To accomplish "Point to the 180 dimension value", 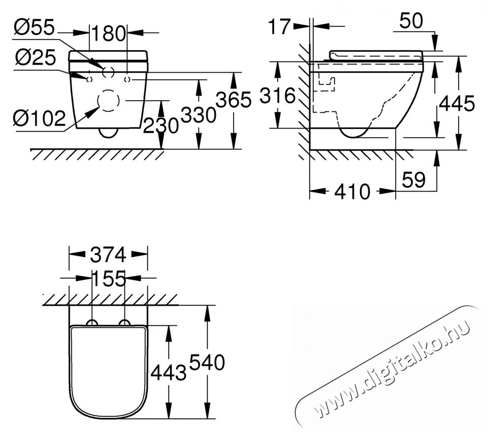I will click(108, 34).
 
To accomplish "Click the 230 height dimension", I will click(160, 125).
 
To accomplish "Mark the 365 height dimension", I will click(234, 100).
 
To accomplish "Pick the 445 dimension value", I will click(457, 104).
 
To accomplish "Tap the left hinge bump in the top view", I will click(92, 323).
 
